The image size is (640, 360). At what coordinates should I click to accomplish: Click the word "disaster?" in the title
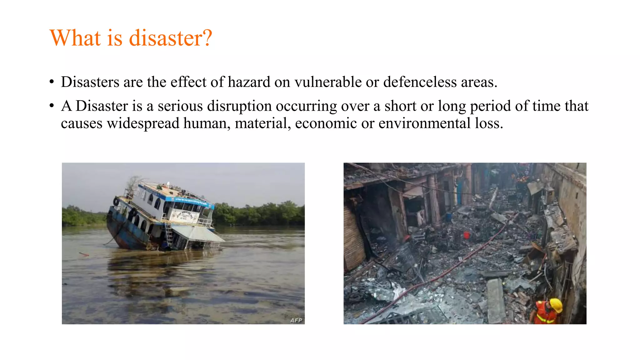click(171, 38)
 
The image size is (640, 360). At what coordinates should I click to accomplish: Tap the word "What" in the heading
click(75, 38)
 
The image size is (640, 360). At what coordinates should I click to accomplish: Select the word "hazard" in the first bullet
click(249, 82)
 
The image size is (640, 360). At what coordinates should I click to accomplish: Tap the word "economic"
click(326, 123)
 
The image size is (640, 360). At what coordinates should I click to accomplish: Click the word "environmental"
click(424, 123)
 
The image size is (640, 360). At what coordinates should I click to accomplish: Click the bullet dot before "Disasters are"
click(52, 82)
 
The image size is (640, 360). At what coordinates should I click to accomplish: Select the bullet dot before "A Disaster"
click(52, 107)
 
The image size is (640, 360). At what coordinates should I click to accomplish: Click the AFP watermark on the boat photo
click(296, 320)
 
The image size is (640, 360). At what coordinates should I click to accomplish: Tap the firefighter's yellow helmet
click(556, 305)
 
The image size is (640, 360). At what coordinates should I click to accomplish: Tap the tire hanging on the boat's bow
click(116, 202)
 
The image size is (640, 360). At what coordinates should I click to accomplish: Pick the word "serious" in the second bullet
click(180, 106)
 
